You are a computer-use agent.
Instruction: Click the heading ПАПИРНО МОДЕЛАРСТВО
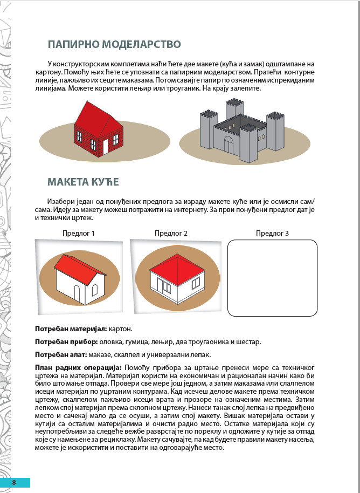pyautogui.click(x=114, y=44)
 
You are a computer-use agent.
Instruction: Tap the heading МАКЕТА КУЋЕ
pyautogui.click(x=83, y=181)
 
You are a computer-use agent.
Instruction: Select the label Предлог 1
pyautogui.click(x=79, y=234)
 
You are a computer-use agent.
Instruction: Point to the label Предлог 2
pyautogui.click(x=171, y=234)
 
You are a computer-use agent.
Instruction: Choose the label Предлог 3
pyautogui.click(x=272, y=234)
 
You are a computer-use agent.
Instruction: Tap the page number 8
pyautogui.click(x=15, y=482)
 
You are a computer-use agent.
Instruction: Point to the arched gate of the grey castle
pyautogui.click(x=229, y=144)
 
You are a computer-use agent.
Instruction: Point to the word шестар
pyautogui.click(x=250, y=342)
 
